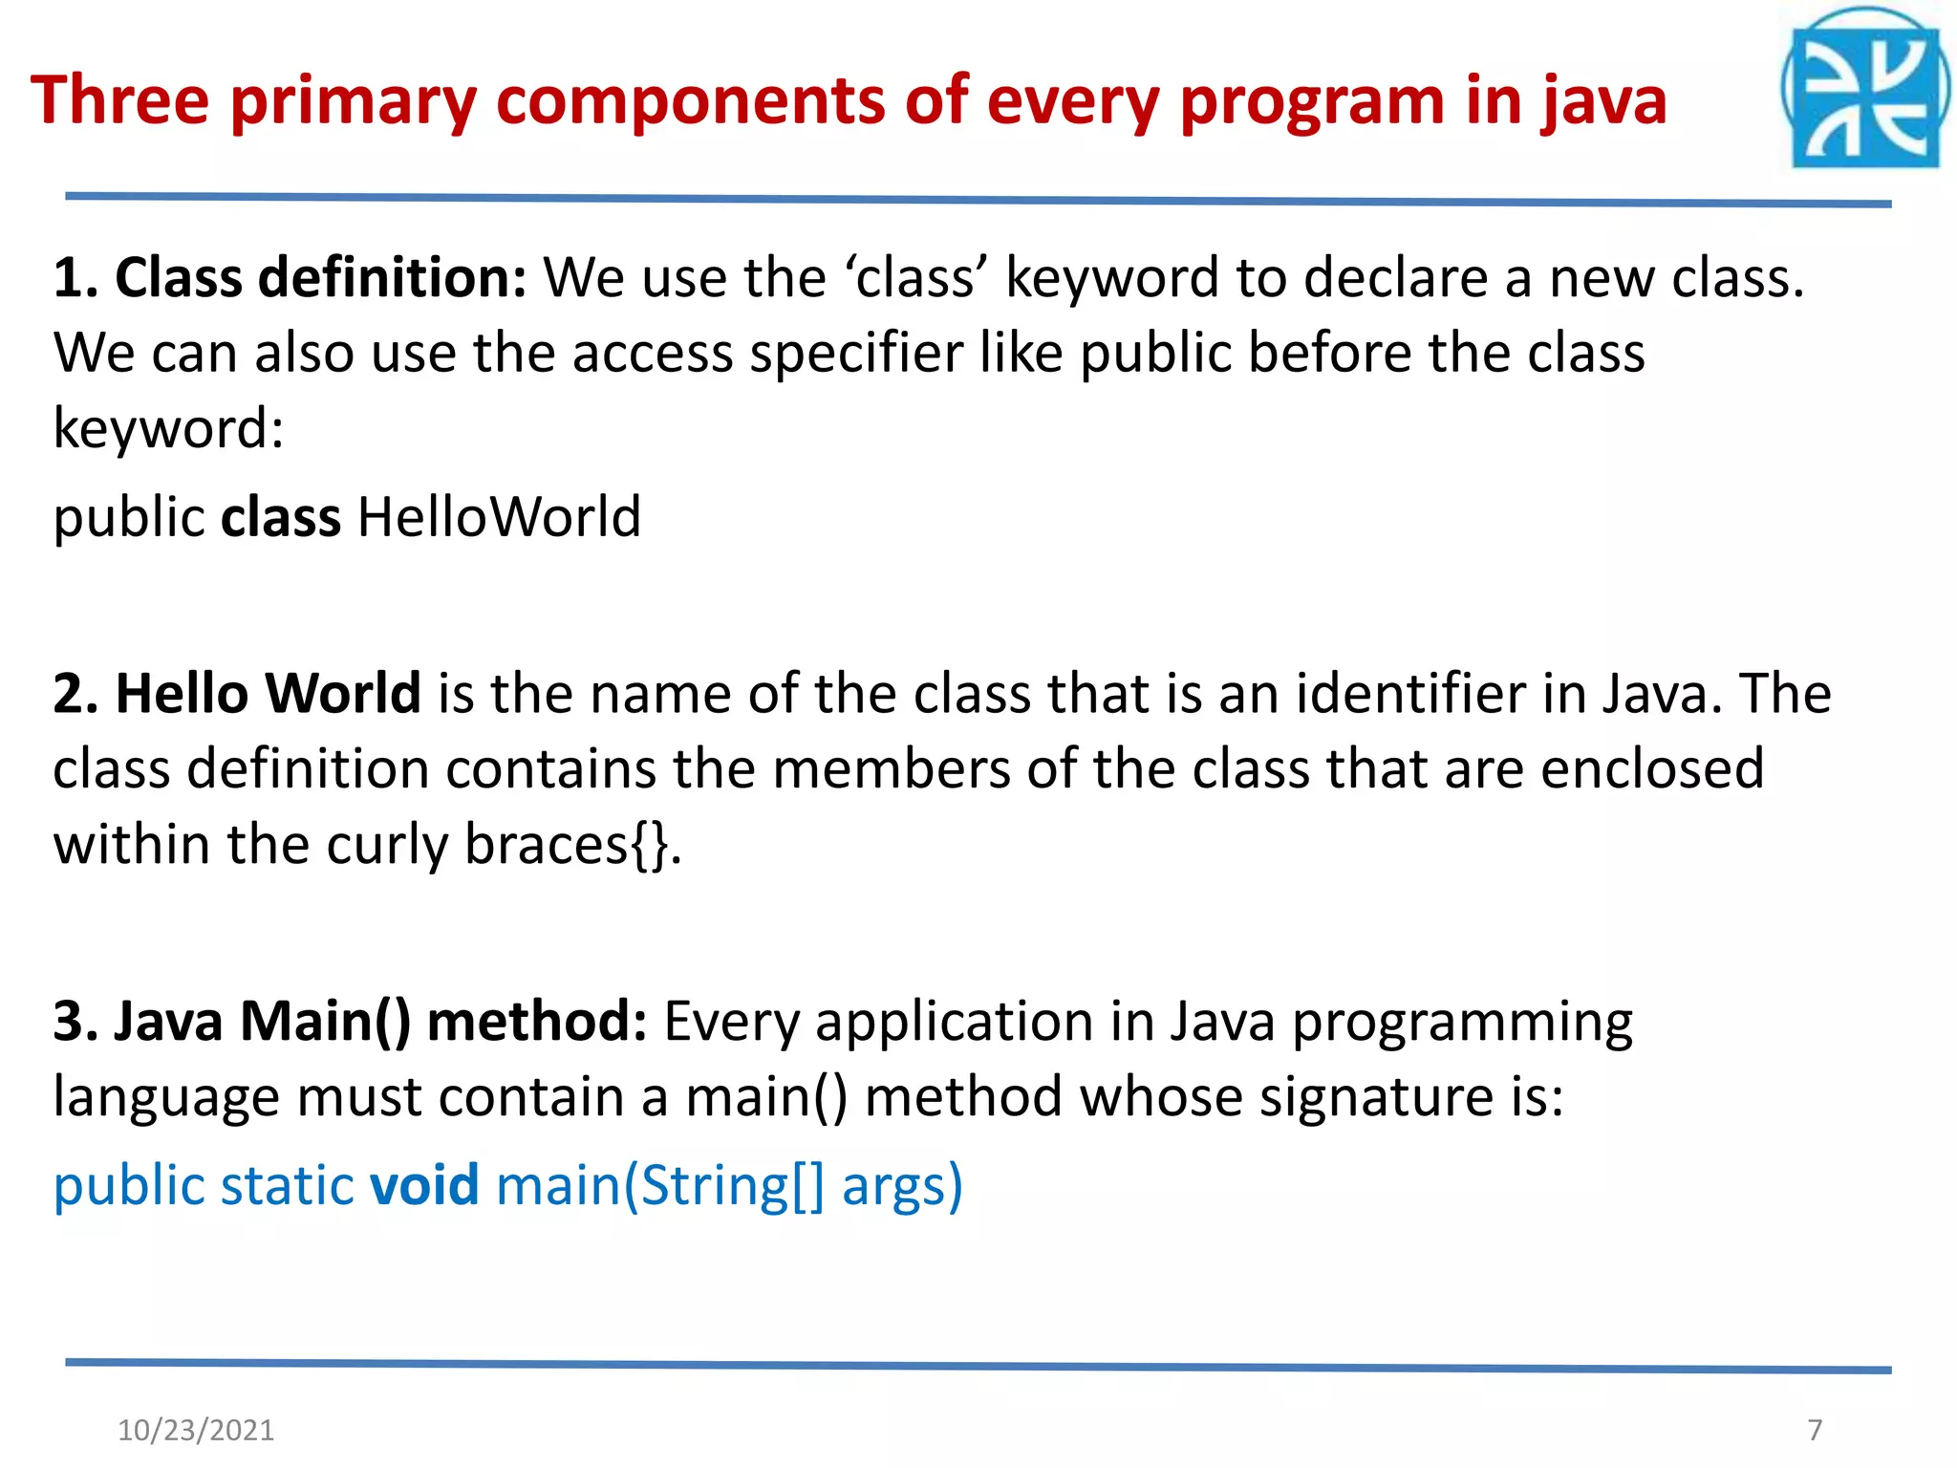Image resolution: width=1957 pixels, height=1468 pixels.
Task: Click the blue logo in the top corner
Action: pyautogui.click(x=1864, y=91)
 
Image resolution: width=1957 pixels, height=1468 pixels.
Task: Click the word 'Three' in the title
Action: pyautogui.click(x=119, y=100)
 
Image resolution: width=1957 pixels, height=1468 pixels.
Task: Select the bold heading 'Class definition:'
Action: pyautogui.click(x=320, y=278)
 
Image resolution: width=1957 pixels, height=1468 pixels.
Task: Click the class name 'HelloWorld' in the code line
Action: pyautogui.click(x=498, y=517)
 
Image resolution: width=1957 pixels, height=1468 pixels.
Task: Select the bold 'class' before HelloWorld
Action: pyautogui.click(x=280, y=517)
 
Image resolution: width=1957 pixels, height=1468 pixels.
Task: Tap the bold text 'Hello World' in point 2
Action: pyautogui.click(x=268, y=693)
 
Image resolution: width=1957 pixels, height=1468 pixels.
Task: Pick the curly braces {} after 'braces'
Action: pyautogui.click(x=651, y=845)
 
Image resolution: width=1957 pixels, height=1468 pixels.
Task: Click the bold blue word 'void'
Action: pyautogui.click(x=424, y=1185)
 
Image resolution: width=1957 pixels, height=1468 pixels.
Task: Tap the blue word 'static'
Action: pyautogui.click(x=287, y=1185)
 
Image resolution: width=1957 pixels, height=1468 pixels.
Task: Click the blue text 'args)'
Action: pyautogui.click(x=901, y=1187)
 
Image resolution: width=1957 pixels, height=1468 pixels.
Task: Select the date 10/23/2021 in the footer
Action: pyautogui.click(x=195, y=1430)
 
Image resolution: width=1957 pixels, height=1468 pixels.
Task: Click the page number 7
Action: pyautogui.click(x=1815, y=1430)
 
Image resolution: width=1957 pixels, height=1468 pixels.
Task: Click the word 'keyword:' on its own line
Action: pyautogui.click(x=168, y=428)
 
